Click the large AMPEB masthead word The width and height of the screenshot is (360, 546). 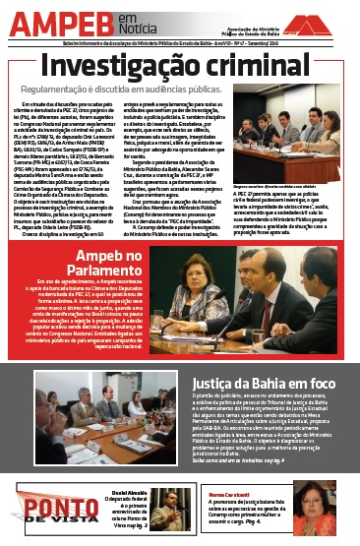(57, 21)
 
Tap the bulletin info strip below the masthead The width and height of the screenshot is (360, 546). (180, 44)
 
